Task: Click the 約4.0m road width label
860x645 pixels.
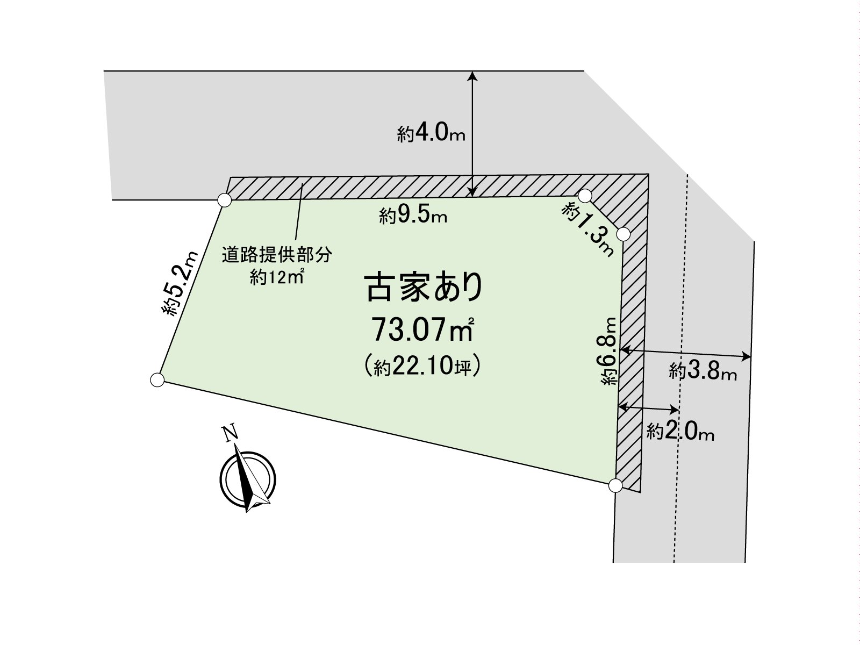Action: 431,133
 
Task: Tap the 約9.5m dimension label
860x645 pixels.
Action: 413,215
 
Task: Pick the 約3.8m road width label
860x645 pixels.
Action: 703,371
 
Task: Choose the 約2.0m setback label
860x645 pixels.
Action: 680,432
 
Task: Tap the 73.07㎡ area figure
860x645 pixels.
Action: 423,329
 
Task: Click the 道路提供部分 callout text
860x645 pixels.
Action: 277,255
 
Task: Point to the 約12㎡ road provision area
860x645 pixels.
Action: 277,278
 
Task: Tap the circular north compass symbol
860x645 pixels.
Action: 248,479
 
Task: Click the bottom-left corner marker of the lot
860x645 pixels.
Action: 157,379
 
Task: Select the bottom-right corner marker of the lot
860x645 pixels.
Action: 615,486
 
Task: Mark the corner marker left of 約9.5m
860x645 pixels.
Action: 225,200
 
